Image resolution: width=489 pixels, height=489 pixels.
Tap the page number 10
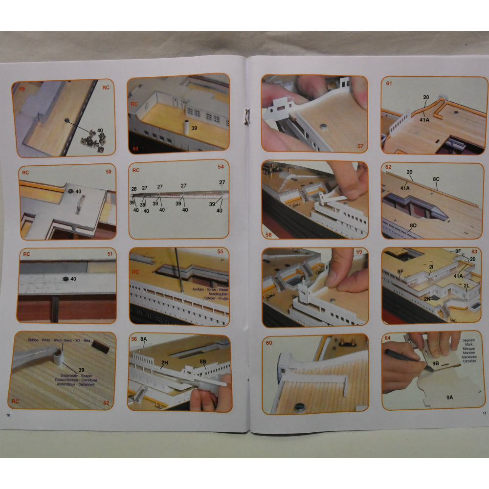tap(8, 415)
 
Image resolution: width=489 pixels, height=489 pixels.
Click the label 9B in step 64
tap(436, 364)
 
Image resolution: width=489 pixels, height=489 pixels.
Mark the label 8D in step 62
tap(413, 225)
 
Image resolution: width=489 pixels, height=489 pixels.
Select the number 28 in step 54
tap(134, 189)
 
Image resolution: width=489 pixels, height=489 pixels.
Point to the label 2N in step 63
tap(427, 298)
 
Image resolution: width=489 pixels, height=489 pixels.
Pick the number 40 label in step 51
tap(73, 279)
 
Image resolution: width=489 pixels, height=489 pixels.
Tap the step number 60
tap(269, 342)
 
